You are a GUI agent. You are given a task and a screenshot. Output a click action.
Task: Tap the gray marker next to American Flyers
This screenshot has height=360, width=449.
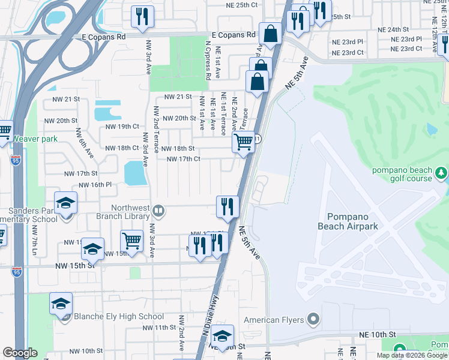coord(312,319)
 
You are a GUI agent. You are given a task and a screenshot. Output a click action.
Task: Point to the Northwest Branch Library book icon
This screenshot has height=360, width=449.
coord(158,210)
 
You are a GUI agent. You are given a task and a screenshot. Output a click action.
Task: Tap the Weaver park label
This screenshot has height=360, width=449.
coord(35,139)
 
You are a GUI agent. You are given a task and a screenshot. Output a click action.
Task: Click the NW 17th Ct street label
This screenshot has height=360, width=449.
coord(183,159)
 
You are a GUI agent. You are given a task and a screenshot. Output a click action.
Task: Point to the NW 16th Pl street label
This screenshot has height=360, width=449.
coord(95,185)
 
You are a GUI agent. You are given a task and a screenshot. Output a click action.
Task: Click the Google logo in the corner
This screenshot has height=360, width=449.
coord(20,353)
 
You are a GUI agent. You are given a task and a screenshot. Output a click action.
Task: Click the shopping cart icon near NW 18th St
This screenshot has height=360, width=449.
coord(243,143)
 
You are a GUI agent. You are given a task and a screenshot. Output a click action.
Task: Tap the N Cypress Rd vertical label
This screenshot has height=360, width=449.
coord(208,61)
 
